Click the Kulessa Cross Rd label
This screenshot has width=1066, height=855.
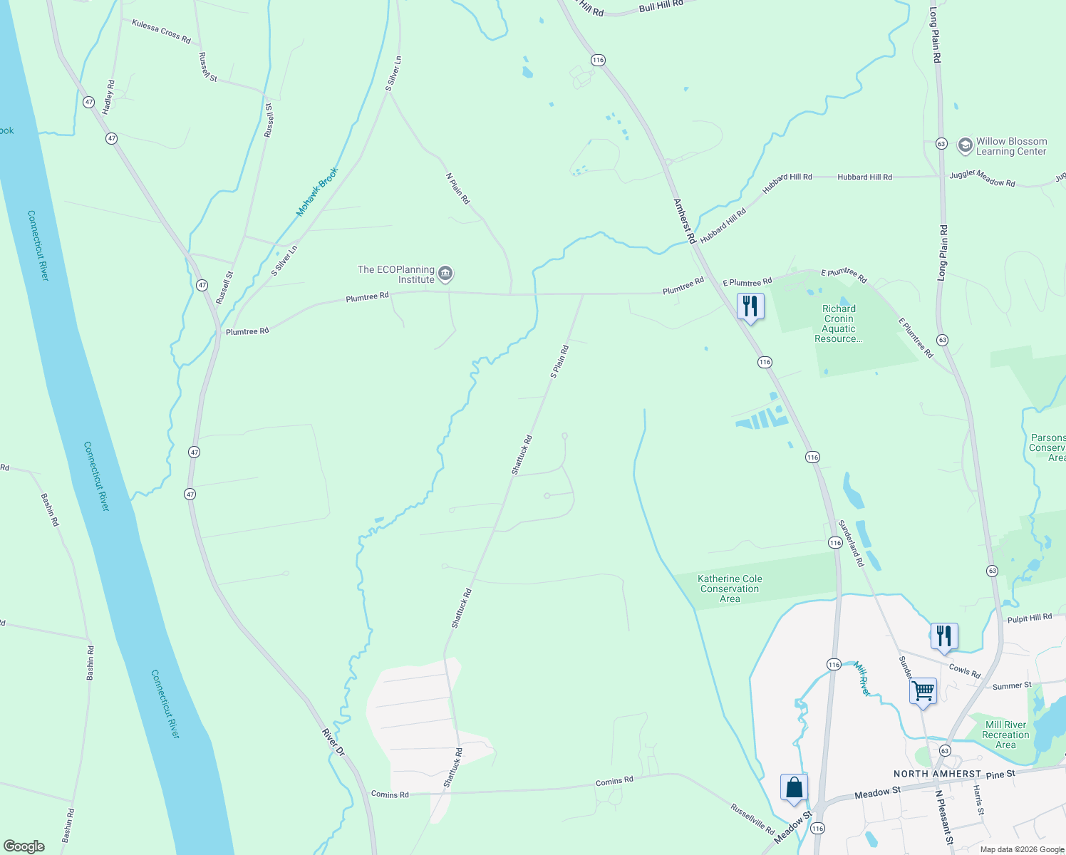point(161,31)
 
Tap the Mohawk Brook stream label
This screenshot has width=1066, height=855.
point(317,192)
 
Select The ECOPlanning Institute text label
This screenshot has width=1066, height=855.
point(396,274)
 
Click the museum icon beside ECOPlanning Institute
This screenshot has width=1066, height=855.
point(445,273)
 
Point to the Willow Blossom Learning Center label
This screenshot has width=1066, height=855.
point(1011,147)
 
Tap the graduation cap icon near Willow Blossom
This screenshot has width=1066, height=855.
point(965,146)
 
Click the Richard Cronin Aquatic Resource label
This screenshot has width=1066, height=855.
point(839,323)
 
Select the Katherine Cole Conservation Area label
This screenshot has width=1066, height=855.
point(730,589)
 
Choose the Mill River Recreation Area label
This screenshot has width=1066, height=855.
point(1005,735)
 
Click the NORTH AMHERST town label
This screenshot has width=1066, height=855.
point(938,774)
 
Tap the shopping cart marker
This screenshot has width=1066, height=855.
point(923,691)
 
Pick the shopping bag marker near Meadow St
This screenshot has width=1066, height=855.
point(794,788)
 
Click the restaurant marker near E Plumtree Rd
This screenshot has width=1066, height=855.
point(750,307)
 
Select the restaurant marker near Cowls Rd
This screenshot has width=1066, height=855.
point(944,636)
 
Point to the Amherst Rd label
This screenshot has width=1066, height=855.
point(684,222)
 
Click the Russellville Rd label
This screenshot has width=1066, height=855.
point(752,819)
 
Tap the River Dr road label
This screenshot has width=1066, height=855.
point(333,742)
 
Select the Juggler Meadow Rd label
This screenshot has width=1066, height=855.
point(982,179)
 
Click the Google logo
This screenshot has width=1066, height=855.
point(24,846)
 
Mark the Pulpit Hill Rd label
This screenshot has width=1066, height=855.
point(1029,618)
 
